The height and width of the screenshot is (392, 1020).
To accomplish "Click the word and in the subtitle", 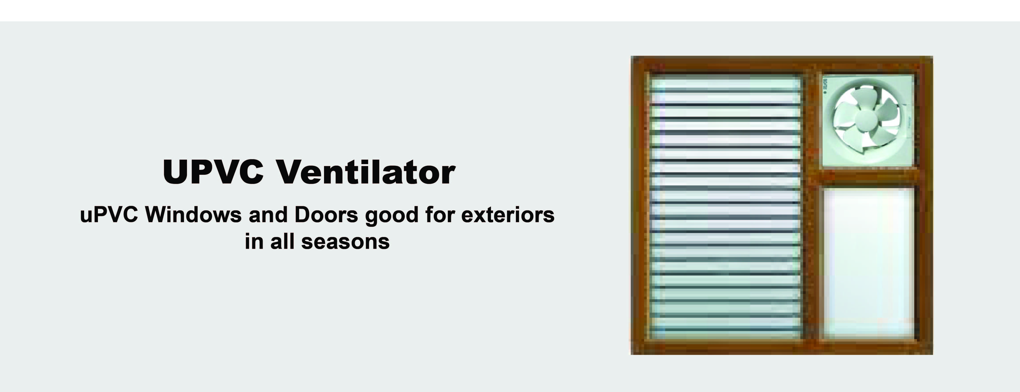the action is [268, 215].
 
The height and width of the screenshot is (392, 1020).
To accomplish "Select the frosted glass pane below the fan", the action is [869, 263].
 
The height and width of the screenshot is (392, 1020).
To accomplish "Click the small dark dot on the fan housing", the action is [825, 92].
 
